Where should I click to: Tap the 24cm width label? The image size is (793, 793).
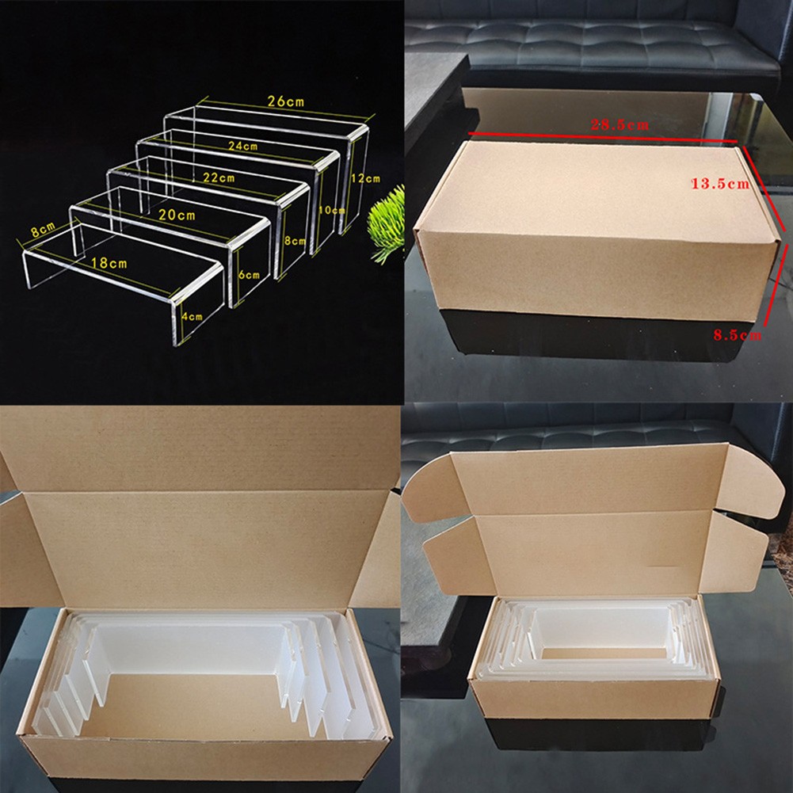[243, 146]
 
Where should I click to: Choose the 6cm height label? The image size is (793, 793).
[248, 275]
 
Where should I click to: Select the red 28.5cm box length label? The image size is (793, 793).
[622, 124]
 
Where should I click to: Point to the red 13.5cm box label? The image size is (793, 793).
[720, 184]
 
